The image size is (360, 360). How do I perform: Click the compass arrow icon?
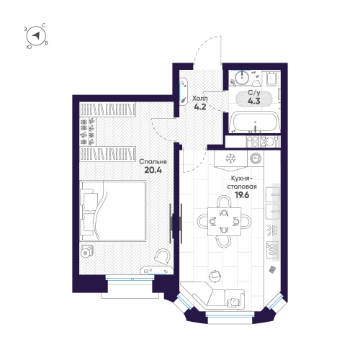(x=36, y=37)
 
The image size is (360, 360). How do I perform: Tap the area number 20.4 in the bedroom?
(x=153, y=171)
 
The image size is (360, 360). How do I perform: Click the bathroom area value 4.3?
(x=254, y=102)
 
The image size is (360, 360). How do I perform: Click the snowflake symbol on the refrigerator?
(x=231, y=158)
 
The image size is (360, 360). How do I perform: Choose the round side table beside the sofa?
(x=214, y=275)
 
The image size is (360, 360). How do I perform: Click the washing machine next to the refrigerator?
(x=255, y=158)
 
